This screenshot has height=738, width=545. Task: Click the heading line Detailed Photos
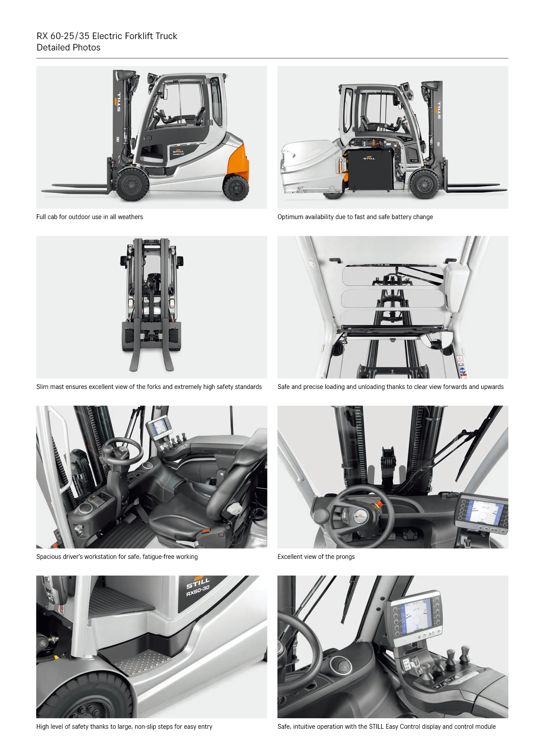point(68,47)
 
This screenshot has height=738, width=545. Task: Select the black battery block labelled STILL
point(369,170)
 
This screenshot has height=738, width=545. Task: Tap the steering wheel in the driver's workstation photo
point(122,452)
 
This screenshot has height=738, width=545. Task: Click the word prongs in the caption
point(345,557)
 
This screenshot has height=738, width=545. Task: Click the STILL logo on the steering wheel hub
point(360,516)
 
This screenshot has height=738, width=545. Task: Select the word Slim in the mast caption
point(42,387)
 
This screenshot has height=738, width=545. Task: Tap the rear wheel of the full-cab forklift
point(236,187)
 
